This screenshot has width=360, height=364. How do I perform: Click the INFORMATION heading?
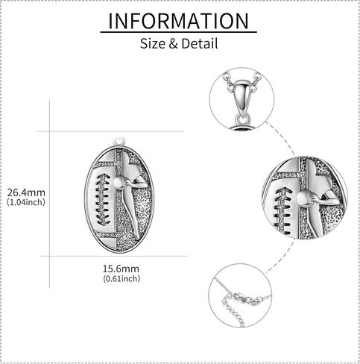[178, 21]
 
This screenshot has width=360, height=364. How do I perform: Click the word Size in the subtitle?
[153, 44]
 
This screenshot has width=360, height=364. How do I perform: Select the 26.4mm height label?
[26, 192]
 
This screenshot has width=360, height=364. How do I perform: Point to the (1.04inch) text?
[26, 202]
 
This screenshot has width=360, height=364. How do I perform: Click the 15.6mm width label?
[121, 269]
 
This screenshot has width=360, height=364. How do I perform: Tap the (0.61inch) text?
[121, 278]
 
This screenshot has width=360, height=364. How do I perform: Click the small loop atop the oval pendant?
[119, 141]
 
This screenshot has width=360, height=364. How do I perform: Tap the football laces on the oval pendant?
[103, 199]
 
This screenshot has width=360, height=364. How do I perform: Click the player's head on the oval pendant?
[120, 183]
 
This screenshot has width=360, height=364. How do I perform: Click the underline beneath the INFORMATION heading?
[178, 32]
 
